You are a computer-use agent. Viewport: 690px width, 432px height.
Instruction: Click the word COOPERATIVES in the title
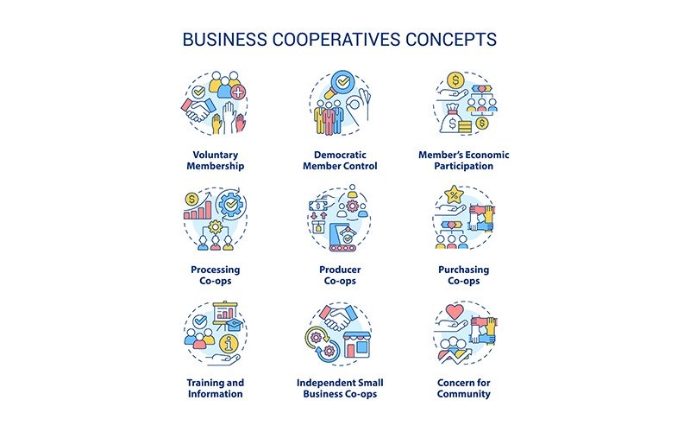336,39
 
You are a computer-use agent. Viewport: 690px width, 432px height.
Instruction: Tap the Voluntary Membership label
215,161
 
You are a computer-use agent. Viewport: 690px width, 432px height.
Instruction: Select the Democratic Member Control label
340,161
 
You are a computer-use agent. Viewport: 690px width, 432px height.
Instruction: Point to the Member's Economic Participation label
463,161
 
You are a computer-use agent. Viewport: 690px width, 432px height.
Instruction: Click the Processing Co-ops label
215,275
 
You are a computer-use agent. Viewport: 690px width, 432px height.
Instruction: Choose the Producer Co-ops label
340,275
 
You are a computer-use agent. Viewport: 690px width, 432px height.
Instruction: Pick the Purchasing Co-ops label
463,275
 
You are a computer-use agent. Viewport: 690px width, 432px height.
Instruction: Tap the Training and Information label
215,388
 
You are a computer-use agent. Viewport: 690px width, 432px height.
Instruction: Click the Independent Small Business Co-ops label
340,388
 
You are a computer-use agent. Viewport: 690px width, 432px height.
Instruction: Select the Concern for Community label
463,388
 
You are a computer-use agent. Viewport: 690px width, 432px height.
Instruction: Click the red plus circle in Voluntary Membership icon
238,92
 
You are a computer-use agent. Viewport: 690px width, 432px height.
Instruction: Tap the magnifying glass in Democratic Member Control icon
340,84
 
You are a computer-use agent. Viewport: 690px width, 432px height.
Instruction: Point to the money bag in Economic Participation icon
452,120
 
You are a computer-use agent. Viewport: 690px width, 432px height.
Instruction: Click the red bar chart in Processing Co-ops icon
198,211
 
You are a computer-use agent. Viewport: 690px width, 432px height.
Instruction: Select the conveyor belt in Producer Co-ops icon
344,248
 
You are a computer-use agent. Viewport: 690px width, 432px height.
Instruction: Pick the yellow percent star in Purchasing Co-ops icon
454,194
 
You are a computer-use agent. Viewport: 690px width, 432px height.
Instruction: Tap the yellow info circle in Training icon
228,343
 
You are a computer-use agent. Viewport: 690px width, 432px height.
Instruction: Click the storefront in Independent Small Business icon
355,345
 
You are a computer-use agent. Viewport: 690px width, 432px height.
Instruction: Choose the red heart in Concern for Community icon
455,312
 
